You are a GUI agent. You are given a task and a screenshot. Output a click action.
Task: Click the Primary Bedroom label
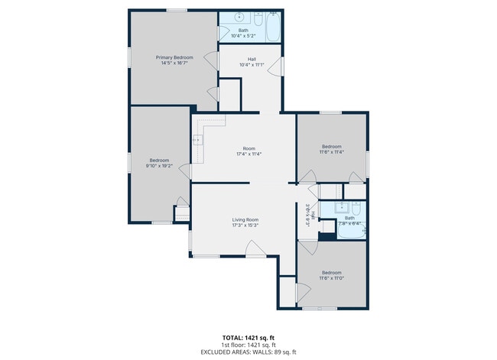(174, 57)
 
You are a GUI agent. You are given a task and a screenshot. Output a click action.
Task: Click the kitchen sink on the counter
(197, 139)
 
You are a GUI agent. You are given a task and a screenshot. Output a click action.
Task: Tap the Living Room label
(245, 219)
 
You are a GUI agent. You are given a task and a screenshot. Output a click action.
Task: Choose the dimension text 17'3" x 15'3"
(245, 225)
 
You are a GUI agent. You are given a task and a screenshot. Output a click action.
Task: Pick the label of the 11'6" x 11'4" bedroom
(331, 146)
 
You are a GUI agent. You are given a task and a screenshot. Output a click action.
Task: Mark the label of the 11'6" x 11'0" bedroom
(331, 273)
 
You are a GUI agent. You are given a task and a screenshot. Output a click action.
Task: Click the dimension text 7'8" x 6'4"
(349, 223)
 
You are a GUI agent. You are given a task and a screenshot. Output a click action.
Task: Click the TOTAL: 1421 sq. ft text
(248, 336)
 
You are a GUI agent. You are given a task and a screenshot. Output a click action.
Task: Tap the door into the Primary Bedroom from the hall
(213, 96)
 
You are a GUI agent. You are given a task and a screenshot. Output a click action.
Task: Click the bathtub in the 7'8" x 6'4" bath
(351, 232)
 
